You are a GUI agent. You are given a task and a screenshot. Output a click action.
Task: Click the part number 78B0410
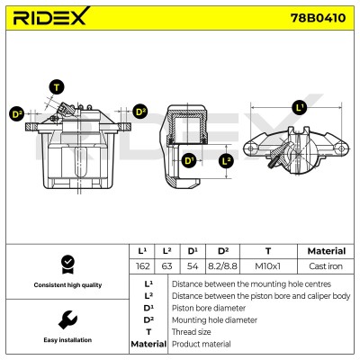[x=318, y=18]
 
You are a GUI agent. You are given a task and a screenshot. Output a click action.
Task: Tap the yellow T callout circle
[x=57, y=87]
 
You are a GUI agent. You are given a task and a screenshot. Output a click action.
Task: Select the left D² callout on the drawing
[x=17, y=114]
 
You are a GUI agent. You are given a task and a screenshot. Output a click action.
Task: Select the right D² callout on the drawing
[x=140, y=112]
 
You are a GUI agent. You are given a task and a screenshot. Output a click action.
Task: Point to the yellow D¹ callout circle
[x=189, y=160]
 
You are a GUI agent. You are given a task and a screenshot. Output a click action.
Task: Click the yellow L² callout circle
[x=226, y=160]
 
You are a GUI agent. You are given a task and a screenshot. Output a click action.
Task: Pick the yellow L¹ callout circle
[x=300, y=107]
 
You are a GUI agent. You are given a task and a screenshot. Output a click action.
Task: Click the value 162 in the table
[x=142, y=266]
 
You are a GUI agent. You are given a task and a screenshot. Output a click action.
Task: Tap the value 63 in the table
[x=166, y=266]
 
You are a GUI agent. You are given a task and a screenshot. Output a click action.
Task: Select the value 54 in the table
[x=193, y=266]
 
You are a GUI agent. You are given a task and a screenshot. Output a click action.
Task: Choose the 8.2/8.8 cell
[x=222, y=266]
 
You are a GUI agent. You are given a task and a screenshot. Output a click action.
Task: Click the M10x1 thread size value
[x=267, y=266]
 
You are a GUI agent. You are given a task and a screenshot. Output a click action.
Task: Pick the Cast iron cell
[x=326, y=266]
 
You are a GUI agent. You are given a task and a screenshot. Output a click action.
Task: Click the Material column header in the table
[x=327, y=251]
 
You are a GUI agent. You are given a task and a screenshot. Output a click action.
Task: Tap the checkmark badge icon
[x=67, y=265]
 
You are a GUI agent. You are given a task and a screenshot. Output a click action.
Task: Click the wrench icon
[x=67, y=319]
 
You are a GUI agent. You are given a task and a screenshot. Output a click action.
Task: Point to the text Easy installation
[x=67, y=340]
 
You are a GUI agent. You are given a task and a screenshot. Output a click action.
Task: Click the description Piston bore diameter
[x=209, y=308]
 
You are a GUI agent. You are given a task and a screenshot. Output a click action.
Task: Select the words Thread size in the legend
[x=192, y=332]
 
